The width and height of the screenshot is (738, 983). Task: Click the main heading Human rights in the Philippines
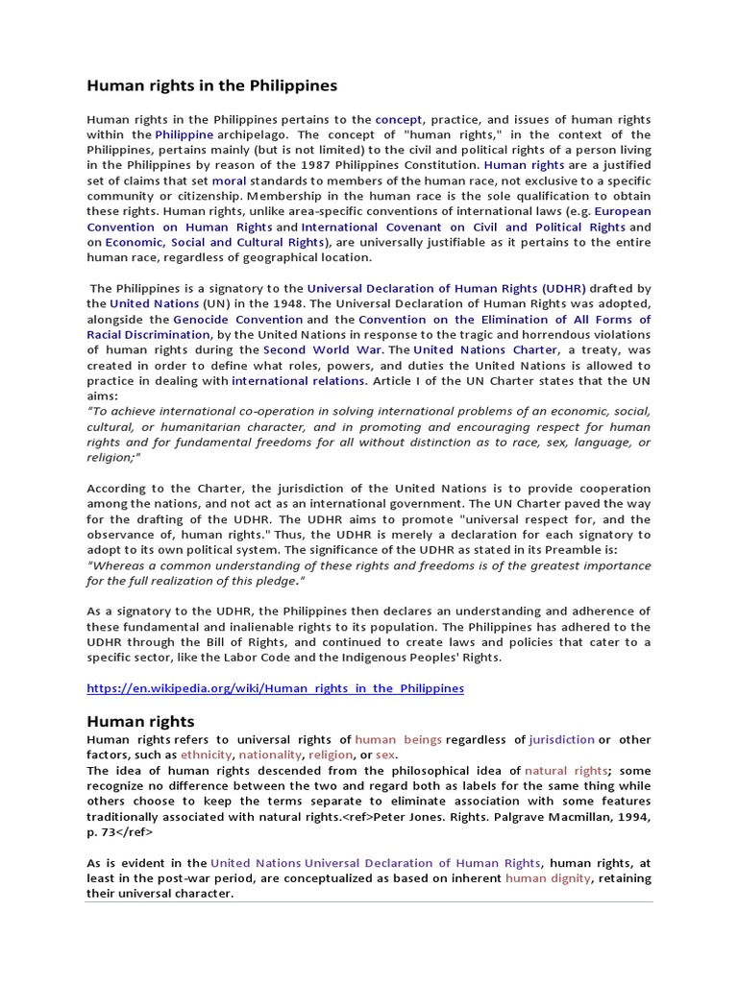click(x=212, y=85)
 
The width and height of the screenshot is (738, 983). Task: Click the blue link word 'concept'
click(x=399, y=119)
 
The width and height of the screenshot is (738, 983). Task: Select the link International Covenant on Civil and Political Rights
click(x=463, y=228)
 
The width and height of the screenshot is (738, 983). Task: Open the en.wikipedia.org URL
click(x=275, y=688)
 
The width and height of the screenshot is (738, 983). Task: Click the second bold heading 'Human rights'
click(x=140, y=721)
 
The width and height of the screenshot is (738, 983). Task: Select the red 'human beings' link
click(x=399, y=740)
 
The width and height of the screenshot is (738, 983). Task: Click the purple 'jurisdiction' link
click(x=561, y=740)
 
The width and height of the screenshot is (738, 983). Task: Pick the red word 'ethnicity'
click(x=207, y=755)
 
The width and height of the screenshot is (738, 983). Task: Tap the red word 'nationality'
click(x=270, y=755)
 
